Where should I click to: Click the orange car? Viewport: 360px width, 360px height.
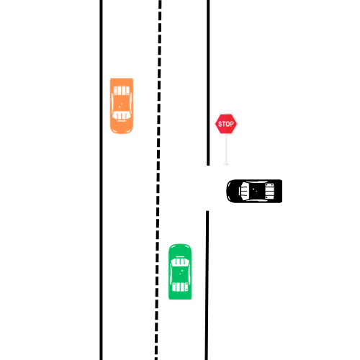[x=122, y=106]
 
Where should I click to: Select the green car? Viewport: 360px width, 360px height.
[x=180, y=271]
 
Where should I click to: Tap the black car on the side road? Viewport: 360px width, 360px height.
[x=254, y=191]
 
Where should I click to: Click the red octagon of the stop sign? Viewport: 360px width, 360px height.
[x=226, y=124]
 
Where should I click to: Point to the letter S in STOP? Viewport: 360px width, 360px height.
[x=220, y=124]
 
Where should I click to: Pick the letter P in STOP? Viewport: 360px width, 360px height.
[x=232, y=124]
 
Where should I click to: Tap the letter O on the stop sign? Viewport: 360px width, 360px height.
[x=228, y=124]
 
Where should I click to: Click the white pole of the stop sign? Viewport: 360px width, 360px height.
[x=226, y=150]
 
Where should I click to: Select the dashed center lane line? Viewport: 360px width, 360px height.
[x=158, y=180]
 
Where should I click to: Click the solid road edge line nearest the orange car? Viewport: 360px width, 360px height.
[x=101, y=180]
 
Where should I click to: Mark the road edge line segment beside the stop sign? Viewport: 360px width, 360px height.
[x=208, y=83]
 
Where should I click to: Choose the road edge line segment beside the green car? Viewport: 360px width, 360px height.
[x=207, y=285]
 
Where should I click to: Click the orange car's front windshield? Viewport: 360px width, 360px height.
[x=122, y=116]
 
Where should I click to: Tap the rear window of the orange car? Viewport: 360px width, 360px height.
[x=122, y=91]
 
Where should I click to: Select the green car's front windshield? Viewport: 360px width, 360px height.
[x=180, y=261]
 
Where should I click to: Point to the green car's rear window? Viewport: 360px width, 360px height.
[x=180, y=287]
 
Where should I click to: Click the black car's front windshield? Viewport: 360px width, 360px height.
[x=245, y=191]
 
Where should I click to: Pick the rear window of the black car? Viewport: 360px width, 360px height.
[x=269, y=191]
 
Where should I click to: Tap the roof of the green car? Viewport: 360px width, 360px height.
[x=180, y=274]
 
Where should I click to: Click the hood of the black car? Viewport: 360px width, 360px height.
[x=233, y=191]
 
